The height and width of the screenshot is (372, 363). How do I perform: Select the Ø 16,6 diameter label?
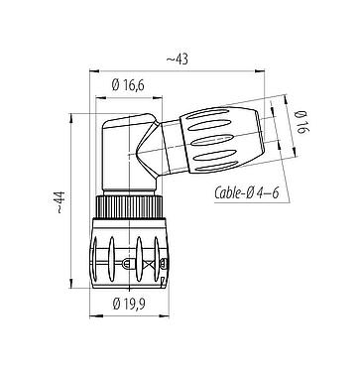click(131, 86)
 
